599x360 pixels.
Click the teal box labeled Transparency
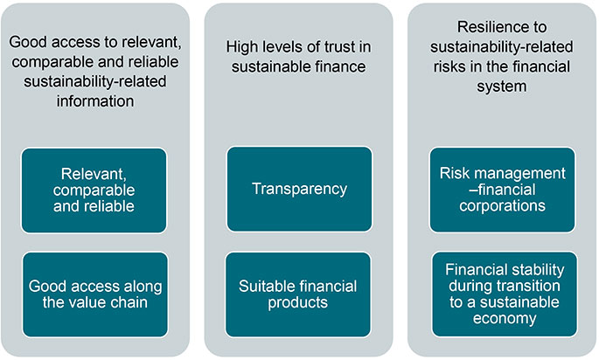(299, 190)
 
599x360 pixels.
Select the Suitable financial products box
(299, 294)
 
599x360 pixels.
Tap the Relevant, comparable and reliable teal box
(94, 190)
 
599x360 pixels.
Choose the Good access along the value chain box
(94, 294)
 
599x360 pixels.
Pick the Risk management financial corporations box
(504, 190)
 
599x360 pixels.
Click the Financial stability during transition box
(504, 294)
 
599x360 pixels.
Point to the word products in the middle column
(299, 302)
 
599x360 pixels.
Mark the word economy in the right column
(504, 319)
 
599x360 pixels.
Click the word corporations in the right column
(504, 206)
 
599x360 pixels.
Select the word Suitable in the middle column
(268, 286)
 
